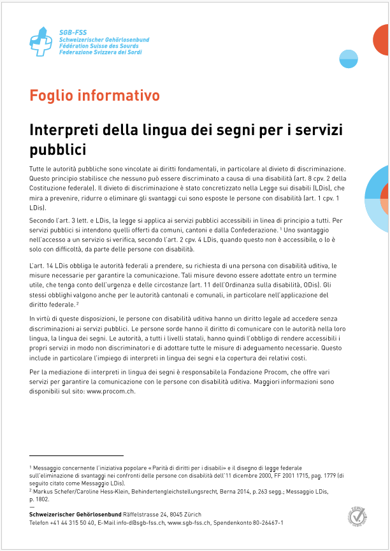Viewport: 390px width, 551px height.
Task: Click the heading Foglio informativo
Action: tap(94, 96)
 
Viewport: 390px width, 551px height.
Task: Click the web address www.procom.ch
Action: tap(111, 392)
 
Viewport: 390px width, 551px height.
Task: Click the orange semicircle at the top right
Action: tap(382, 40)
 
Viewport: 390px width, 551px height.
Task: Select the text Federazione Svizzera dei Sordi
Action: tap(100, 52)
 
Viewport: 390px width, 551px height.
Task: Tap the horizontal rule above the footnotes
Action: tap(76, 456)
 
